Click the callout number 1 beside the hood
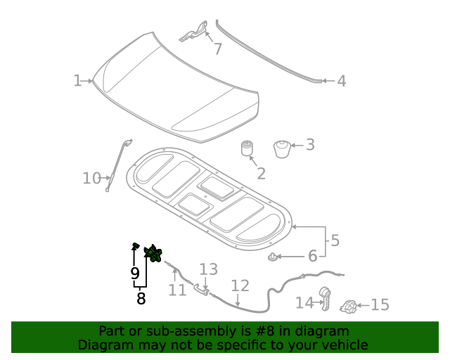coord(77,81)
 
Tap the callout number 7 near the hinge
coord(217,49)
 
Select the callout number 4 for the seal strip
coord(341,82)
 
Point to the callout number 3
coord(309,145)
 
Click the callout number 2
coord(260,174)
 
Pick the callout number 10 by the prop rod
coord(92,178)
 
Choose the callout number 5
coord(335,240)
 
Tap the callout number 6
coord(312,256)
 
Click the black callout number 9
coord(134,274)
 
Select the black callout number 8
coord(141,298)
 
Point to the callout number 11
coord(176,290)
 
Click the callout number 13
coord(209,269)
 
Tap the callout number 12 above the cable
coord(240,285)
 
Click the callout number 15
coord(380,305)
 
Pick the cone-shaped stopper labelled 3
coord(281,149)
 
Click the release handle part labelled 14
coord(326,298)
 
